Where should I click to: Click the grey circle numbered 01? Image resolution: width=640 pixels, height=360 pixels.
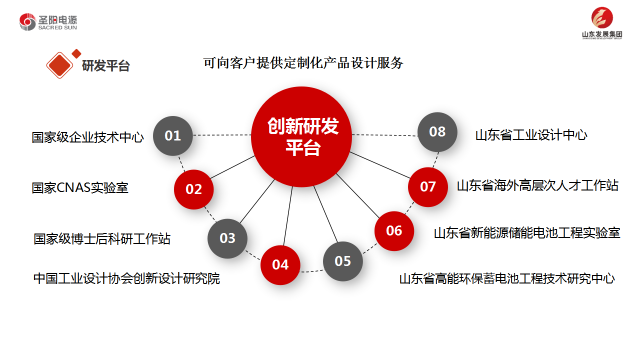(173, 136)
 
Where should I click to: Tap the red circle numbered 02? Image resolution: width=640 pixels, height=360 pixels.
(193, 189)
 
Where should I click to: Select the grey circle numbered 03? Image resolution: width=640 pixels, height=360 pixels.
(227, 238)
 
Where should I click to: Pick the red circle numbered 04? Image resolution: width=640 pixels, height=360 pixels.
(280, 265)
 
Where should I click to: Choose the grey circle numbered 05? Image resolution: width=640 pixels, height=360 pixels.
(343, 261)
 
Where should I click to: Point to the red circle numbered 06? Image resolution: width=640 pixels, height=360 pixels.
(394, 231)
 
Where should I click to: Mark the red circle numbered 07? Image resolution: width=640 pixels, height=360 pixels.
(428, 187)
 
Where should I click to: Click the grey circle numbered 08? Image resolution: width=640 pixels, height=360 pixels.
(437, 132)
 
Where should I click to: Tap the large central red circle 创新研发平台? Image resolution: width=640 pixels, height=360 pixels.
(302, 137)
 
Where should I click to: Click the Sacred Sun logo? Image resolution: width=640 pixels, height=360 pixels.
(48, 22)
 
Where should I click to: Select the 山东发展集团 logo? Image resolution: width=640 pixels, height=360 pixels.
(602, 23)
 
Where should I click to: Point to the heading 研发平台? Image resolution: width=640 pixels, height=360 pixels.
(106, 65)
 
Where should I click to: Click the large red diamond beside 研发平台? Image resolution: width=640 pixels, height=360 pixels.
(60, 65)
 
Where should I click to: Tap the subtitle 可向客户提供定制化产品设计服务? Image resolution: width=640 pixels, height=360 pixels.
(303, 63)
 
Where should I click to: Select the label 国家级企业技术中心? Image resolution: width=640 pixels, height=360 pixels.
(88, 137)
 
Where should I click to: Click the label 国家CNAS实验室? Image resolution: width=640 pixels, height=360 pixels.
(80, 188)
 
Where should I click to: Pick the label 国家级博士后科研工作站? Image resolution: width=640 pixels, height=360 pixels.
(102, 239)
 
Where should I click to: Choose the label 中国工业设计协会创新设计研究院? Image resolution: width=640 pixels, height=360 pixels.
(127, 278)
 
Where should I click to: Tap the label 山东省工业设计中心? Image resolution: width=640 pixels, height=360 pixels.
(531, 135)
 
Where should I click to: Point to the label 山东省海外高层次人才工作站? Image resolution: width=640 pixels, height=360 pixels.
(538, 186)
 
